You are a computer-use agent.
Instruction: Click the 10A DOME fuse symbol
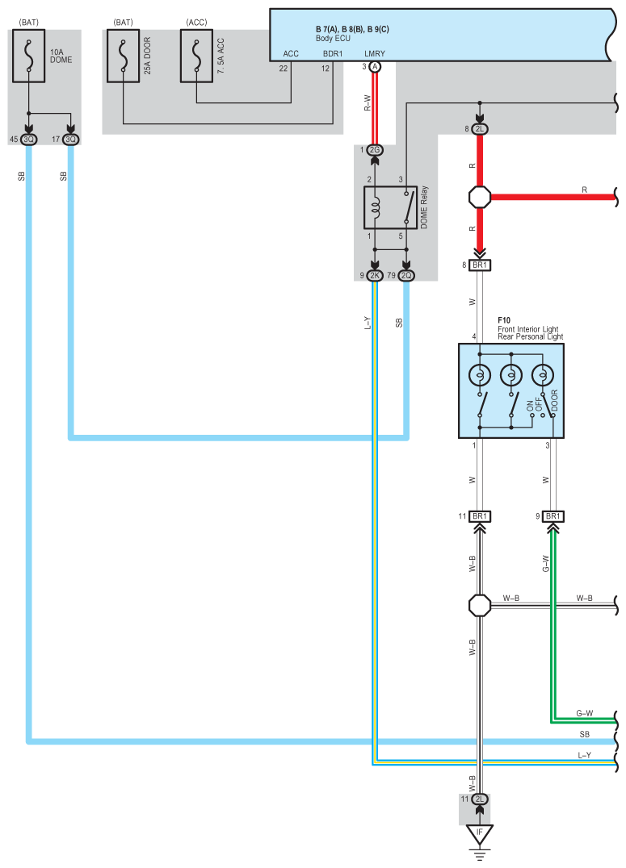pos(29,56)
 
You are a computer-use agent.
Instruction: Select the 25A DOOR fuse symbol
pos(123,56)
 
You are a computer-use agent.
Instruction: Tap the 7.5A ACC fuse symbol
pos(196,56)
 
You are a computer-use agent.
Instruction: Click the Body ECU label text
pos(333,38)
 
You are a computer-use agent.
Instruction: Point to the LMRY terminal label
pos(374,54)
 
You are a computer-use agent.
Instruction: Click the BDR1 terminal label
pos(333,54)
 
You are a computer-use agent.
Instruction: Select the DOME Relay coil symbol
pos(375,208)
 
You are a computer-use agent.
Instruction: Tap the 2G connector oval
pos(375,150)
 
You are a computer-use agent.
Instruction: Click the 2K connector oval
pos(375,275)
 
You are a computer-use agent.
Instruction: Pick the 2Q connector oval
pos(406,275)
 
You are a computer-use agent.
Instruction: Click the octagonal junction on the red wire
pos(480,197)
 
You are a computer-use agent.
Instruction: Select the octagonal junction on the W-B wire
pos(480,606)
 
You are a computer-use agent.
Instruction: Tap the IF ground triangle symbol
pos(480,833)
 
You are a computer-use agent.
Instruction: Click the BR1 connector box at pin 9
pos(552,516)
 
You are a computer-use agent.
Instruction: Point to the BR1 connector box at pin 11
pos(480,516)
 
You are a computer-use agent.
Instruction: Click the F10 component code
pos(503,320)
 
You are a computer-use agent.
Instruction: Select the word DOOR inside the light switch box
pos(554,401)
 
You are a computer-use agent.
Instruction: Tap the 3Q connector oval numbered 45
pos(29,140)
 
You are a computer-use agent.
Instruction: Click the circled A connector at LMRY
pos(375,67)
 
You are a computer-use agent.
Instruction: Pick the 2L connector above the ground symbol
pos(480,799)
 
